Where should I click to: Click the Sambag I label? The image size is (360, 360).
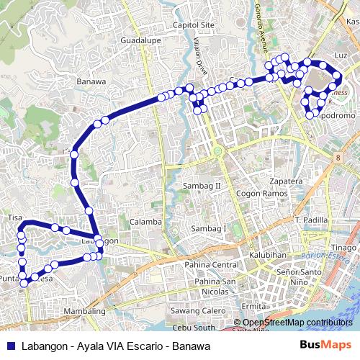click(208, 228)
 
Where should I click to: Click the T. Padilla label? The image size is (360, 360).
click(312, 219)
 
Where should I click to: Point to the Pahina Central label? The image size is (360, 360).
click(210, 265)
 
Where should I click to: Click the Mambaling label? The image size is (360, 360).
click(85, 311)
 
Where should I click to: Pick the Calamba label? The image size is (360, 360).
click(146, 222)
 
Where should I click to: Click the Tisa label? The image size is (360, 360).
click(15, 217)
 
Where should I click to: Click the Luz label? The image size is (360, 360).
click(341, 55)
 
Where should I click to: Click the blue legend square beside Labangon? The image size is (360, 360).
click(10, 346)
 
